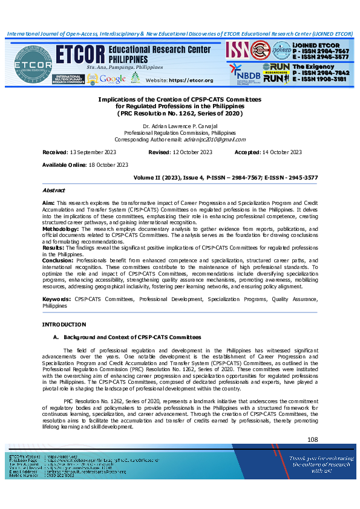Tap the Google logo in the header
click(x=113, y=79)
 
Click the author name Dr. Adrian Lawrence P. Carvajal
click(x=179, y=126)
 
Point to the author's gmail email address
click(x=218, y=139)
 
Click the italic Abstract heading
click(x=53, y=190)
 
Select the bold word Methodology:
click(x=62, y=230)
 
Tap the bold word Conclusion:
click(x=57, y=261)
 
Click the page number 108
click(x=312, y=439)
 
